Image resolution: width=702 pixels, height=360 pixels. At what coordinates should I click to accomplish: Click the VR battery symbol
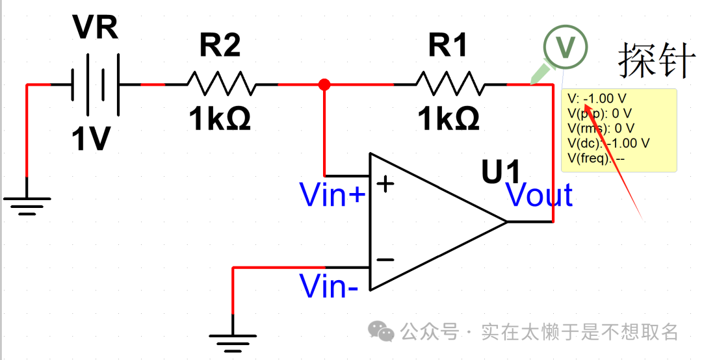coord(95,84)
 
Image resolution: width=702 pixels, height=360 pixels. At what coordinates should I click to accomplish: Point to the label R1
coord(448,45)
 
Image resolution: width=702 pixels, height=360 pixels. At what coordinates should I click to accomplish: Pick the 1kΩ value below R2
coord(220,120)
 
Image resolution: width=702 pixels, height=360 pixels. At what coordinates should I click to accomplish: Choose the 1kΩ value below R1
coord(449,120)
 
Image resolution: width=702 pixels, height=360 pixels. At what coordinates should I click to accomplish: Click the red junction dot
coord(325,84)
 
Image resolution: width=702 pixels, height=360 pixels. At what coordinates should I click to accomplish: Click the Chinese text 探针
coord(656,60)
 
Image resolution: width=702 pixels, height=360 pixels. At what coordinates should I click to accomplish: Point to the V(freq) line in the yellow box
coord(595,157)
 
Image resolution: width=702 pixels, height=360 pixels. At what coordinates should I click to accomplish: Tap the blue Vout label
coord(539,195)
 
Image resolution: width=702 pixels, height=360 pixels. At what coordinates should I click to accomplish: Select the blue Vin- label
coord(328,286)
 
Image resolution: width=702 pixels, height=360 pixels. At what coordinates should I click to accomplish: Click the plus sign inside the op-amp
coord(386,184)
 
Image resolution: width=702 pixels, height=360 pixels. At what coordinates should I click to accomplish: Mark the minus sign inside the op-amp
coord(385,260)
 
